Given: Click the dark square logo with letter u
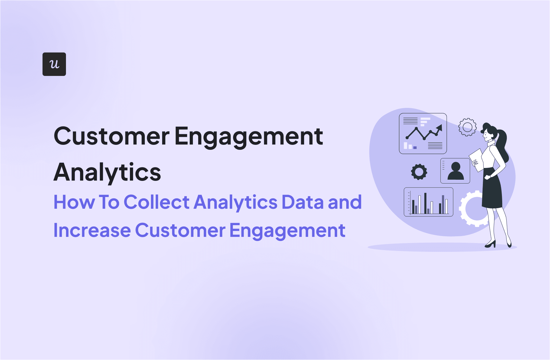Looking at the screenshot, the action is coord(54,64).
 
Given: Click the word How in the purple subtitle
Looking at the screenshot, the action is coord(74,202).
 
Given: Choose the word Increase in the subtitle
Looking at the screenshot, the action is coord(92,230).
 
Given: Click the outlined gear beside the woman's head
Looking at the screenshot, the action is coord(467,127).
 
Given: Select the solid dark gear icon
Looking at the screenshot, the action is coord(419,172).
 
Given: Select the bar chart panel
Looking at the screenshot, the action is coord(428,202).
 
